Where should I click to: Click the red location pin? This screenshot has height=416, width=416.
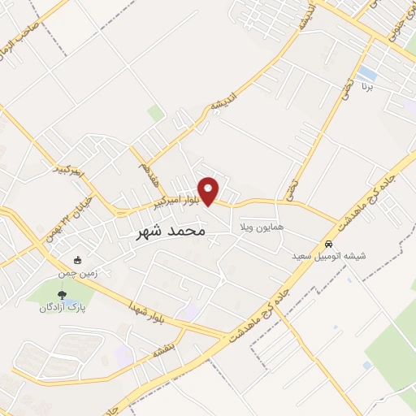coord(209,191)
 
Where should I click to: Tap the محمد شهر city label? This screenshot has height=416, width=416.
coord(169,232)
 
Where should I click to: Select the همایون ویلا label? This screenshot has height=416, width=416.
coord(262,228)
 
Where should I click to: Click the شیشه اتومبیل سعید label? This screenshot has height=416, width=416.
coord(329,255)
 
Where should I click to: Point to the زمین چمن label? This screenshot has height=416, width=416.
coord(79,273)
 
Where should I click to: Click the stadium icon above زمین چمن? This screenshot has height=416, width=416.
coord(79,261)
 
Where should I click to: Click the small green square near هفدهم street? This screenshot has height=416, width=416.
coord(155,114)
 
